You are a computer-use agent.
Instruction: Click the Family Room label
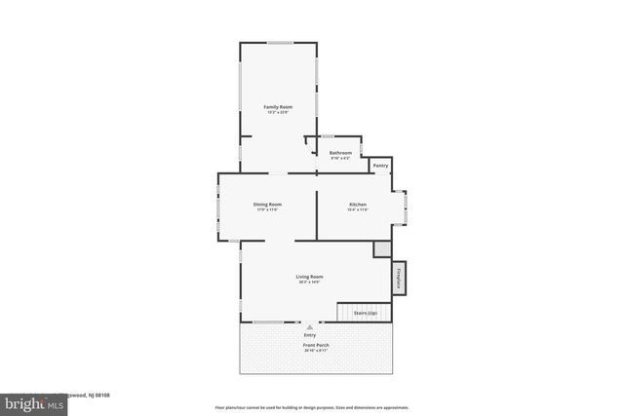point(278,106)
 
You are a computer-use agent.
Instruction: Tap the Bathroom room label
point(340,153)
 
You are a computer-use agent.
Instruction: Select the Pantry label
point(380,167)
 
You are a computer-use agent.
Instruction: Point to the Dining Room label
point(268,205)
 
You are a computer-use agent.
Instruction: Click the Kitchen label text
point(357,205)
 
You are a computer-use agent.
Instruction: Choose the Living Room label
point(310,277)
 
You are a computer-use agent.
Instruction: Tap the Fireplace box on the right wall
point(399,277)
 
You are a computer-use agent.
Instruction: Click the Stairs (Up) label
point(365,313)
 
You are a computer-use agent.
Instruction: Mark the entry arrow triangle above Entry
point(310,327)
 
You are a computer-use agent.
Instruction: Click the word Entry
point(310,336)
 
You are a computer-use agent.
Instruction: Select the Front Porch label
point(315,345)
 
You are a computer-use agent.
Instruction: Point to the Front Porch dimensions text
point(315,351)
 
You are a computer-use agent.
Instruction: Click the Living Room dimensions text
point(310,283)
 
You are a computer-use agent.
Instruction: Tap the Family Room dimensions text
point(278,112)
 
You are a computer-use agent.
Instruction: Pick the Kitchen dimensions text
point(357,209)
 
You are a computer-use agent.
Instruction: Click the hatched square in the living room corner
point(380,249)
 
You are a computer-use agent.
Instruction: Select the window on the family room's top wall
point(280,42)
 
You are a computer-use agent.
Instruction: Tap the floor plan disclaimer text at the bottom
point(311,407)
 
